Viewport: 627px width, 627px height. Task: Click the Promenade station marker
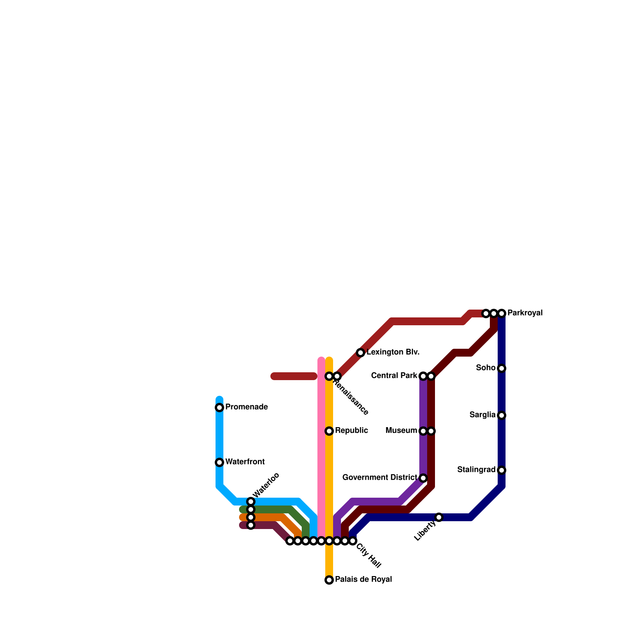(219, 408)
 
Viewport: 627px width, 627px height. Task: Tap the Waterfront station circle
(219, 462)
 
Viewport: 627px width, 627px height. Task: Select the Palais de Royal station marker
(329, 580)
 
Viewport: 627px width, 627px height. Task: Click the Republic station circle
(329, 431)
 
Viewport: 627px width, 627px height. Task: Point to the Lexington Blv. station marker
(361, 353)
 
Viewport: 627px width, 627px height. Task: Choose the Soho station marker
(502, 368)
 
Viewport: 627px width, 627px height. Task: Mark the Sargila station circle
(502, 415)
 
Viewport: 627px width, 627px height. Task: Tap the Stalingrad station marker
(502, 470)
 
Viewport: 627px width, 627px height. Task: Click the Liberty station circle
(439, 517)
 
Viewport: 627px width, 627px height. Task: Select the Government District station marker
(423, 478)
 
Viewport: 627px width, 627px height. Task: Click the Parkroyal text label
(525, 313)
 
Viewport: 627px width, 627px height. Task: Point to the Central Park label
(394, 376)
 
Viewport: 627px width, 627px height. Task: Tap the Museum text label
(401, 431)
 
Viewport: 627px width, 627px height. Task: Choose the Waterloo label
(266, 485)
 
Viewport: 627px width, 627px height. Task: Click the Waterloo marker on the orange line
(251, 517)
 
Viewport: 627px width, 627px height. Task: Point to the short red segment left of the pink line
(294, 376)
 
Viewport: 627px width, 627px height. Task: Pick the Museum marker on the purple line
(423, 431)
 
